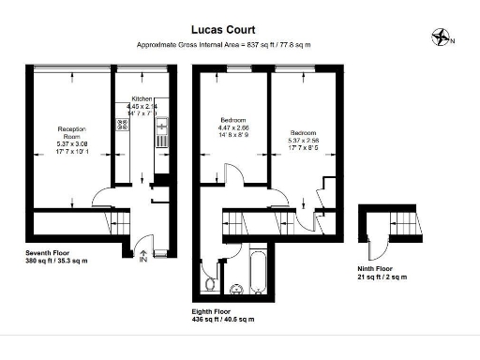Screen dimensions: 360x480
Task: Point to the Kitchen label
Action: coord(142,98)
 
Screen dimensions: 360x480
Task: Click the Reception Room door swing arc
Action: coord(101,200)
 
